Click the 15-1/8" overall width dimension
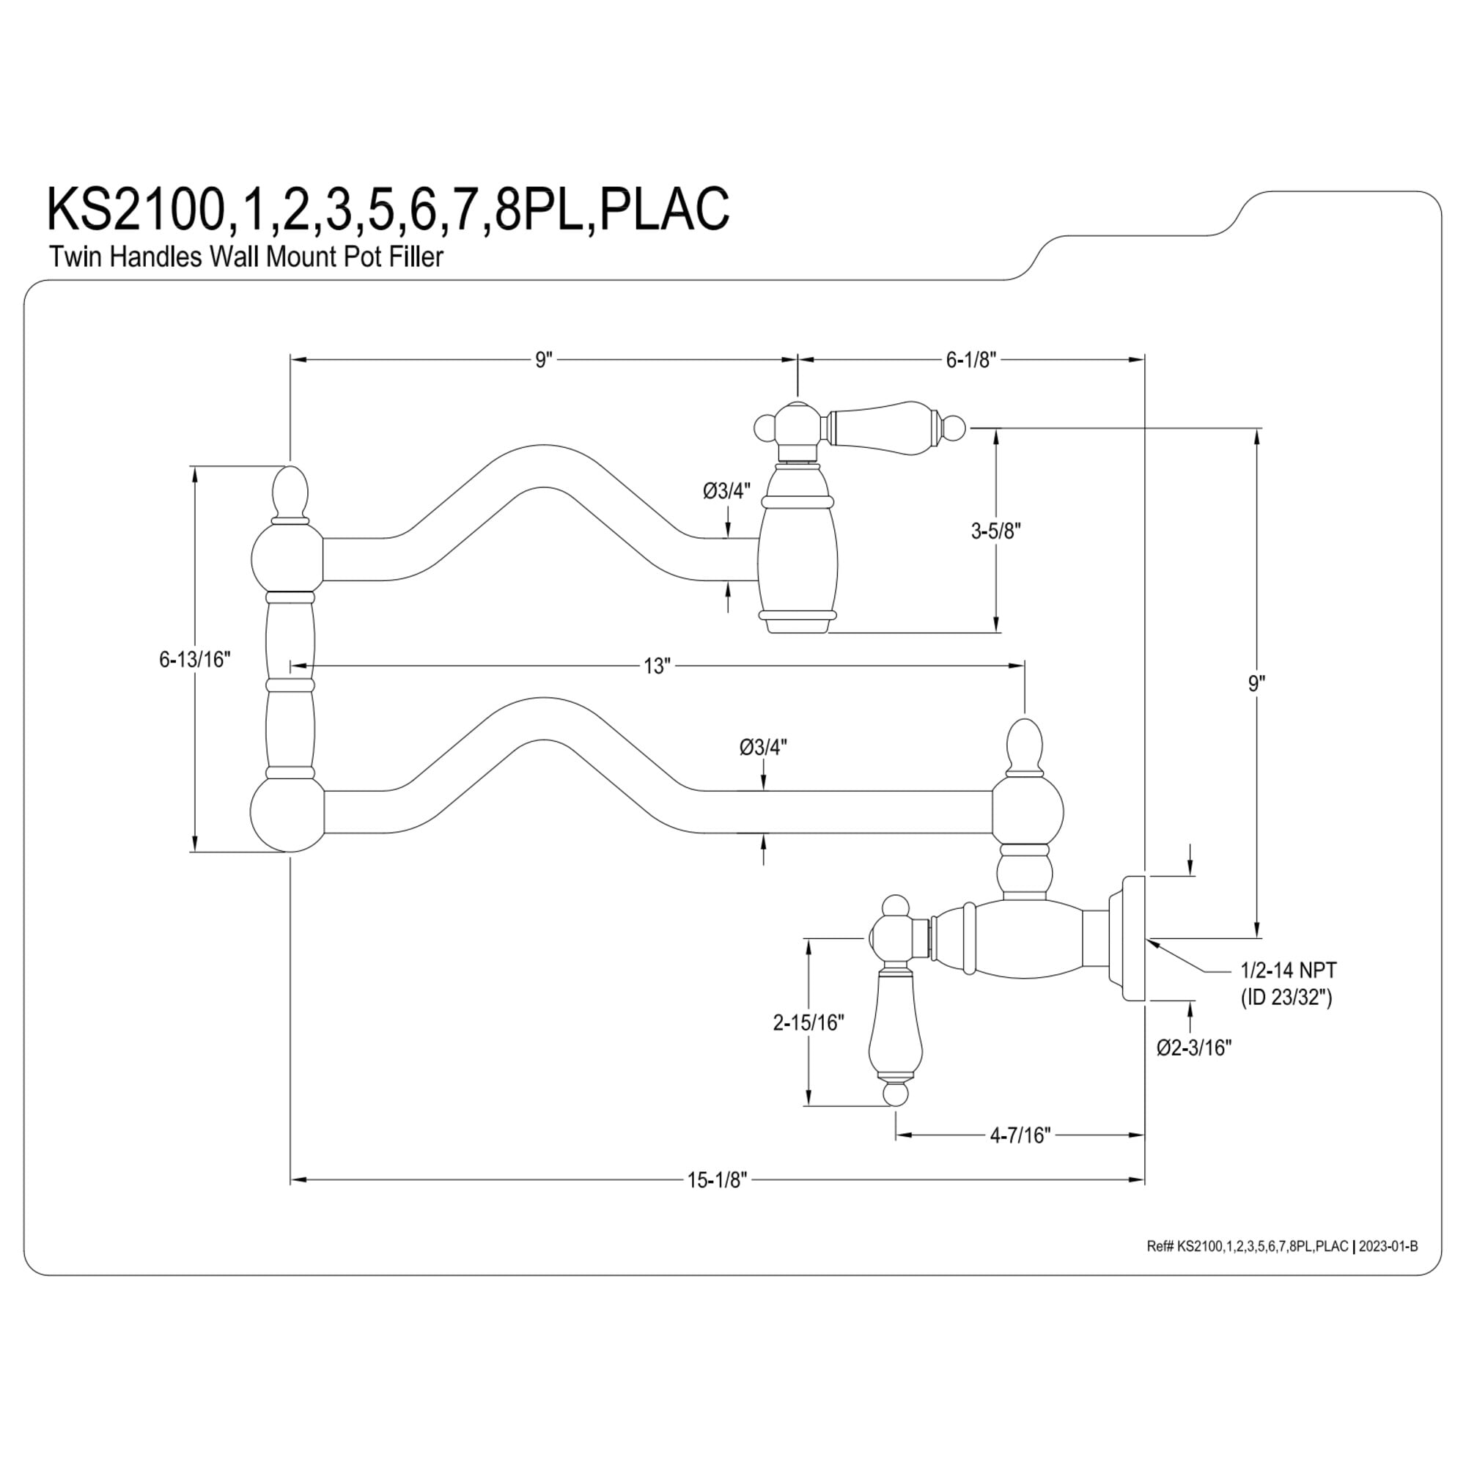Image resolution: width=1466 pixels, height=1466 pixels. point(717,1180)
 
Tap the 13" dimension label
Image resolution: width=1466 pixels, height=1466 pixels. point(657,666)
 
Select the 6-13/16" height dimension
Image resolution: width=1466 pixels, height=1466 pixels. point(194,660)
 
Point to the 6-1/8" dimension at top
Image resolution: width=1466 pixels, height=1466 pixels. point(970,360)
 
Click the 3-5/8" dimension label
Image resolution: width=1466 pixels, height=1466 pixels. point(995,531)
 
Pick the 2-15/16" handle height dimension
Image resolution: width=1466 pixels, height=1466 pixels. point(808,1023)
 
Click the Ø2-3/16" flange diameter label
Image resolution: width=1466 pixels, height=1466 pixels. point(1193,1047)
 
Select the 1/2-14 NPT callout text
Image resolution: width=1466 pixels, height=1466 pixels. point(1289,970)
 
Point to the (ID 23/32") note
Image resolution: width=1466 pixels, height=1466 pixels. point(1286,997)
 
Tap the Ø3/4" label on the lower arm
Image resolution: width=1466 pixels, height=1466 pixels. point(763,748)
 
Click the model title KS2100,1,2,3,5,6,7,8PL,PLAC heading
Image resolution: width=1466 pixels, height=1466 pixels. point(388,208)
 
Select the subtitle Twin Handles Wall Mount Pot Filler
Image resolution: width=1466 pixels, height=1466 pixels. point(246,257)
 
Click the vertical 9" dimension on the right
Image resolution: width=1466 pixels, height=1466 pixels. point(1257,684)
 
